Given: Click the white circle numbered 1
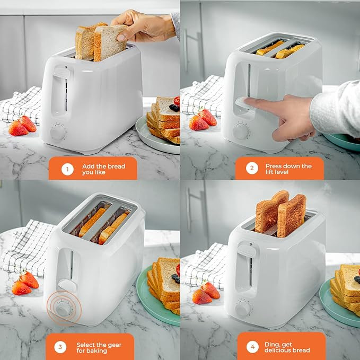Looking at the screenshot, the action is (x=67, y=170).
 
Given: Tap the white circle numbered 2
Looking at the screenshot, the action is (x=252, y=168).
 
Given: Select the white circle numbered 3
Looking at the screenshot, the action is (x=60, y=347).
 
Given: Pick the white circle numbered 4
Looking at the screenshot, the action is (x=252, y=347).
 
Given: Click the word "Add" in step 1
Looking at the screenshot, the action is (x=87, y=166).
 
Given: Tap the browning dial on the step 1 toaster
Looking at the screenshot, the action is (x=58, y=132).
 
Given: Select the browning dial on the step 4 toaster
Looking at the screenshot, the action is (x=243, y=309).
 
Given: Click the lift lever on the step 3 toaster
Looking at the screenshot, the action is (x=67, y=285).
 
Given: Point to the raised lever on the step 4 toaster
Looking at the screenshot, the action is (x=247, y=251).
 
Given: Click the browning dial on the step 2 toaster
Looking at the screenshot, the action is (x=241, y=131).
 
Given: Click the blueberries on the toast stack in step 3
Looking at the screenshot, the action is (x=175, y=278).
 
